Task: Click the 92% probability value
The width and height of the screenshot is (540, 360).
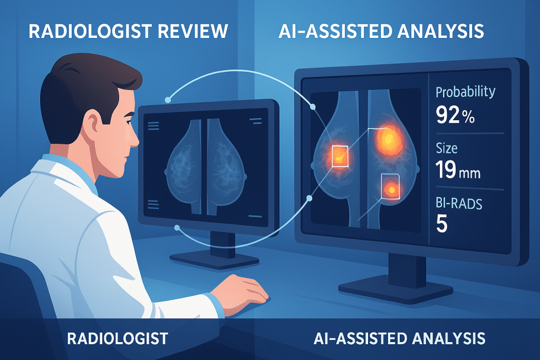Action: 456,115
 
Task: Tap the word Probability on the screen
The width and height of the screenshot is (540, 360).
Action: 466,91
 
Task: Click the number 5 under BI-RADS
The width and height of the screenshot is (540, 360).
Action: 442,224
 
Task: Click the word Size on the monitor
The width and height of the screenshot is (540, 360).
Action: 446,148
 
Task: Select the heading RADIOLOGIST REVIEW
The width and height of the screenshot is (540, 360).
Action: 128,31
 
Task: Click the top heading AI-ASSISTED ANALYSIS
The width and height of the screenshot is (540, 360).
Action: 381,31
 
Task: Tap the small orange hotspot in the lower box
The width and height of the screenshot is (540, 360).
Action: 391,188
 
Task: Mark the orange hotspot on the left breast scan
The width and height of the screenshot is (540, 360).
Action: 337,154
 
